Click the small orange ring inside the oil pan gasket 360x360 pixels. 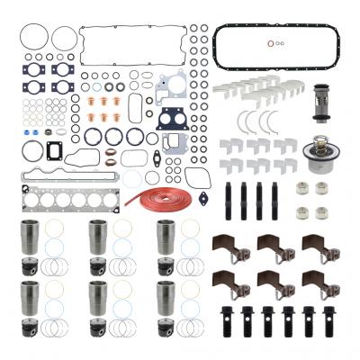(273, 41)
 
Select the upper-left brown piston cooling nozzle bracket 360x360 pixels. (225, 248)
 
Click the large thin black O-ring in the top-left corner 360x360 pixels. (30, 40)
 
